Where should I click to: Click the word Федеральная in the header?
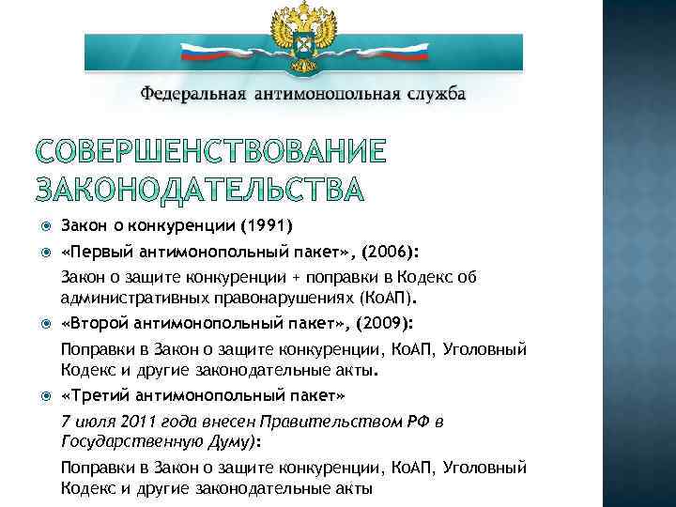coord(192,95)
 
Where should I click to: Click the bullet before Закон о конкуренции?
coord(38,226)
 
